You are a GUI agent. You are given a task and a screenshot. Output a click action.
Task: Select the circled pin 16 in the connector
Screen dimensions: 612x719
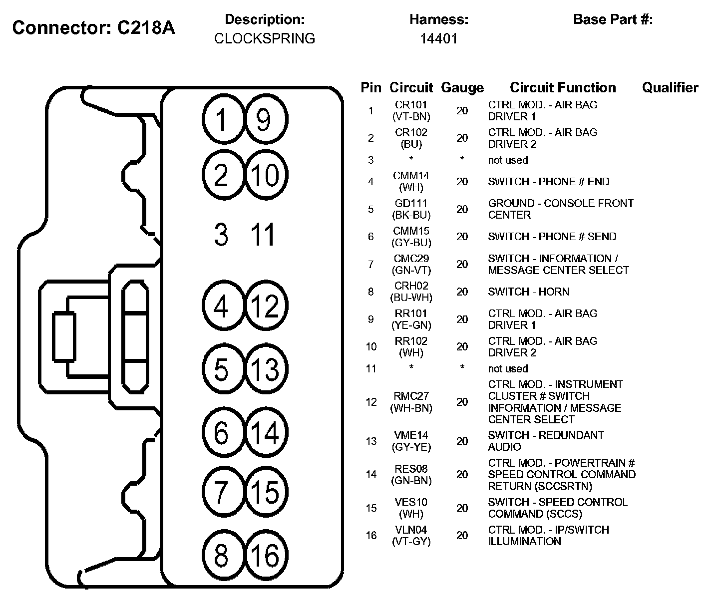click(266, 555)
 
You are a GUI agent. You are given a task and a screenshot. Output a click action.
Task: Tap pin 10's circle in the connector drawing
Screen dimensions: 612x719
click(266, 175)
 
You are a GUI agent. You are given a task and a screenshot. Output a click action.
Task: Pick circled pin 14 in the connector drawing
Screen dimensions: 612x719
click(266, 432)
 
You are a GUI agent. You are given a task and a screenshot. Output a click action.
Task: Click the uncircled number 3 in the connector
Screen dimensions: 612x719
click(221, 235)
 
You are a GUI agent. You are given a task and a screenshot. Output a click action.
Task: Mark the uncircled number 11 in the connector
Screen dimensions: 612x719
click(263, 235)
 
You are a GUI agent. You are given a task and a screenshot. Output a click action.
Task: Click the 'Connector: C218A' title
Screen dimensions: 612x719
click(94, 28)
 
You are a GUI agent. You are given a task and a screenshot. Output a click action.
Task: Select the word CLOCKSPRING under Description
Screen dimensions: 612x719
click(265, 38)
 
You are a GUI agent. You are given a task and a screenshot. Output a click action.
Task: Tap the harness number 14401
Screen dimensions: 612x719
click(439, 38)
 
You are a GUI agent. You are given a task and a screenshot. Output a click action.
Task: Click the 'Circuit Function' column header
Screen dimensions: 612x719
click(563, 88)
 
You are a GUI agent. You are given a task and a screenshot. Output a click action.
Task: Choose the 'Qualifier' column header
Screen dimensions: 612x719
click(670, 88)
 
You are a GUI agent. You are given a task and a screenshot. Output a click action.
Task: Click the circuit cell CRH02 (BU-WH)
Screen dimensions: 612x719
click(411, 292)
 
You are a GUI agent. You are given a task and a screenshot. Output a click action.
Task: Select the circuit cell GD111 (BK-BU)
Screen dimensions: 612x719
click(411, 209)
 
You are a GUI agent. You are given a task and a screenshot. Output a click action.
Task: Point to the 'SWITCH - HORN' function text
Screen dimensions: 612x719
click(528, 292)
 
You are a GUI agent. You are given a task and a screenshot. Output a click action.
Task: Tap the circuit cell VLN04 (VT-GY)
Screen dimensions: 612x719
click(411, 535)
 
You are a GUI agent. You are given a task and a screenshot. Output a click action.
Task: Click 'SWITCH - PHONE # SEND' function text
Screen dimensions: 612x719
click(552, 237)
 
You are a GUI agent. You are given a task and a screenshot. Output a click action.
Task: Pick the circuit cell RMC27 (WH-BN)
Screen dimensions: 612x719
click(411, 402)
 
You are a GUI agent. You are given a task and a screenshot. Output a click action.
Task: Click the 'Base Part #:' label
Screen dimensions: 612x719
click(613, 19)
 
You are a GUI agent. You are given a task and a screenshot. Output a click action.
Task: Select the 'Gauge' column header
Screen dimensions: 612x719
click(462, 88)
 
